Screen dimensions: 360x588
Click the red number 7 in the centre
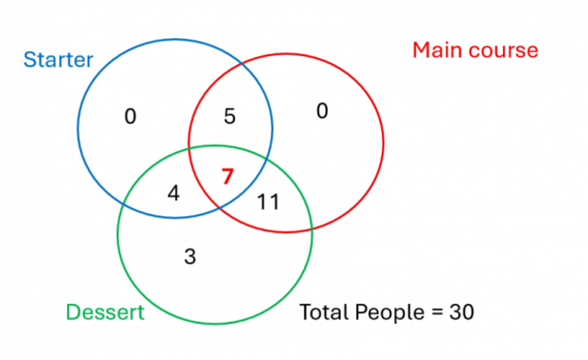(228, 175)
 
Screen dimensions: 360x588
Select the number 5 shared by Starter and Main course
(230, 116)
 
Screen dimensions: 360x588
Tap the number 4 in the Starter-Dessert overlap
(174, 192)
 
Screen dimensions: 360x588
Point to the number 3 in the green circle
(189, 256)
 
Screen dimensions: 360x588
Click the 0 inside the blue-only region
(130, 116)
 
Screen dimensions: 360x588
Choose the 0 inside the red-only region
(321, 110)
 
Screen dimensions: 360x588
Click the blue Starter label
(58, 61)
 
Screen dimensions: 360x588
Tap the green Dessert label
(105, 313)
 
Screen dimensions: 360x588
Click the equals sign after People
(433, 313)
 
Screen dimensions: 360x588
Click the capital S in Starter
(29, 61)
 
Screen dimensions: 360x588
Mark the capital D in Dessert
(73, 313)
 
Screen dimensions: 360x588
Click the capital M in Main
(422, 50)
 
